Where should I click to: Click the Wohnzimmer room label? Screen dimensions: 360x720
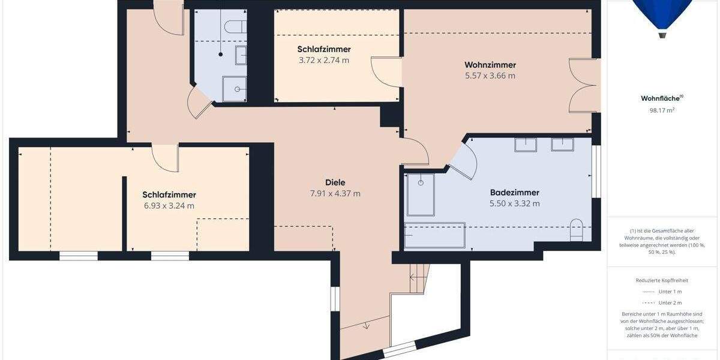click(490, 65)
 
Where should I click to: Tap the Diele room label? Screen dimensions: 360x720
click(335, 182)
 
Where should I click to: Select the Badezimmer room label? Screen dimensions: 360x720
click(514, 193)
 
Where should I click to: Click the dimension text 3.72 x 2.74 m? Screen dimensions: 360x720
click(323, 60)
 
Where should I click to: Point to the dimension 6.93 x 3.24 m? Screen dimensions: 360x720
click(169, 206)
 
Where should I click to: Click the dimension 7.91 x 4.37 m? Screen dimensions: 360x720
click(335, 193)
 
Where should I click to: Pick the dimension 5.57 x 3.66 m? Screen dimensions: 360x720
click(490, 76)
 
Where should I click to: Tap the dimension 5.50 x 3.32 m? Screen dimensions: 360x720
click(514, 203)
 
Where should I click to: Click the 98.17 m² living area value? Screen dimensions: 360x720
click(662, 110)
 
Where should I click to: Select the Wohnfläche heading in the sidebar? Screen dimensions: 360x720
click(661, 98)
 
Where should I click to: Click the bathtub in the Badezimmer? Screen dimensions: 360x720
click(434, 235)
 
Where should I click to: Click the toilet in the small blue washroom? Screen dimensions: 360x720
click(235, 26)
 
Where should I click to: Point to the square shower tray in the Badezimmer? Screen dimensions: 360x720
click(420, 194)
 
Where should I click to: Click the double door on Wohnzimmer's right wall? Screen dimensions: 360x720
click(584, 85)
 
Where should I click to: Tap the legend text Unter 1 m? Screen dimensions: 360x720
click(670, 292)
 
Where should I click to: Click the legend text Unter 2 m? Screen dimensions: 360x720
click(670, 302)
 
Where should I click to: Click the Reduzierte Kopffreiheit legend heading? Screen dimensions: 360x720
click(662, 280)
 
